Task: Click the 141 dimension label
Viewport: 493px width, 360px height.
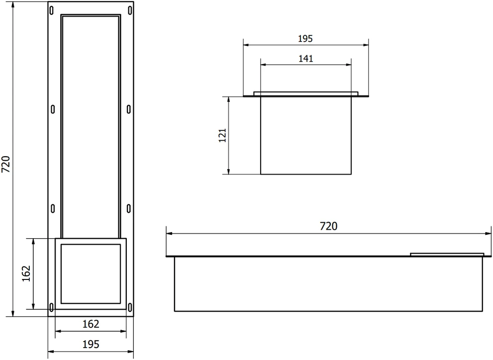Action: pos(305,59)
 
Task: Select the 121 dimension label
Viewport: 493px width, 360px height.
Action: pos(222,135)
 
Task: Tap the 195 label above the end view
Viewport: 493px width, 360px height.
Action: pos(305,39)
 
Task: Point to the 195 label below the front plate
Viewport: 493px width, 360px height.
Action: pos(91,344)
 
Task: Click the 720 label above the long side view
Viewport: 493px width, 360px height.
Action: pos(328,226)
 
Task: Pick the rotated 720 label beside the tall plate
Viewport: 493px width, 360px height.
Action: pos(6,164)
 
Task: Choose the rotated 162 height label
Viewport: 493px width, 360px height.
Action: pos(26,273)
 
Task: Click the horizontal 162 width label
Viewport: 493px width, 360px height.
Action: pos(91,324)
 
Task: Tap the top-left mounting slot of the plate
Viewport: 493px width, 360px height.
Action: pos(52,10)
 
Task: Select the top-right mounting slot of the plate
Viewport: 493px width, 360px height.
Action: pos(130,10)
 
